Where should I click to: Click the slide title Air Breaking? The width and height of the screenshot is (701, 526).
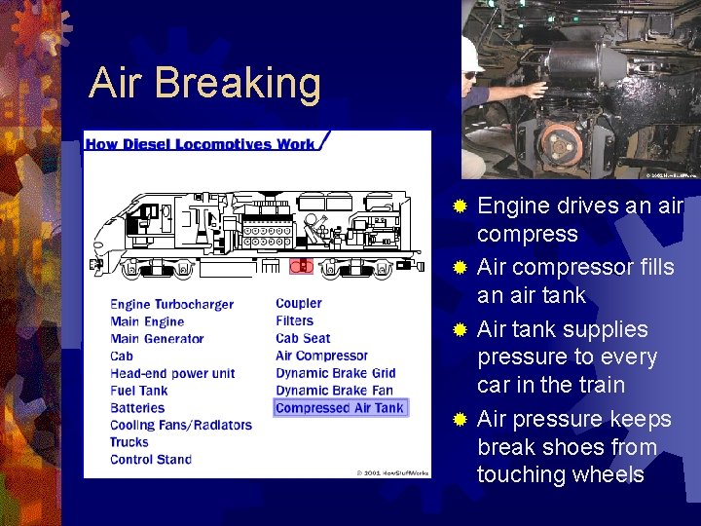click(x=204, y=84)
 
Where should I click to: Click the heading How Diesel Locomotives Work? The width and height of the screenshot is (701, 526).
click(x=201, y=144)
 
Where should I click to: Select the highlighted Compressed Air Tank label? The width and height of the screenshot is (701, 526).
click(x=340, y=408)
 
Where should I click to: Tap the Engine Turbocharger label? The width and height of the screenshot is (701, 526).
click(x=171, y=304)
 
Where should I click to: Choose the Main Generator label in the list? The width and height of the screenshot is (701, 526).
click(x=157, y=339)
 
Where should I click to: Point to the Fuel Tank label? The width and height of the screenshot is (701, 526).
click(x=138, y=391)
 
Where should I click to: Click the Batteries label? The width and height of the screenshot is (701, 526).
click(x=136, y=407)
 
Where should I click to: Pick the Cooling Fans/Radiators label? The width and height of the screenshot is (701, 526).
click(x=180, y=425)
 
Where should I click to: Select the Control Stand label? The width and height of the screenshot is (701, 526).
click(x=150, y=460)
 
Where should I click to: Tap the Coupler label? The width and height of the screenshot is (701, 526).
click(x=298, y=304)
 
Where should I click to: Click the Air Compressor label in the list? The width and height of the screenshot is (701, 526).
click(x=321, y=356)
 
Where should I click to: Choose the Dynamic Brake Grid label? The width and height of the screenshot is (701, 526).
click(x=335, y=373)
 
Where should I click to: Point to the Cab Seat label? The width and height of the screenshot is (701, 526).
click(x=303, y=338)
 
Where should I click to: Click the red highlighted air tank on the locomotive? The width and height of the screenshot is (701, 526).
click(x=302, y=265)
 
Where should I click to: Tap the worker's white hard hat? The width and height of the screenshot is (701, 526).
click(x=472, y=54)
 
